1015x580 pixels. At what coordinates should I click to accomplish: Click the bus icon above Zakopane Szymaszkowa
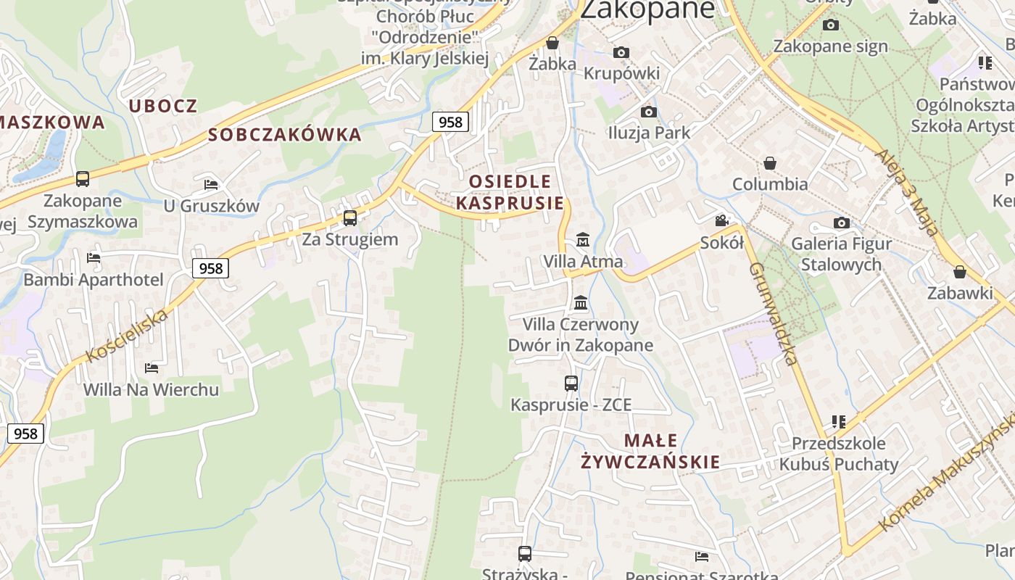point(83,178)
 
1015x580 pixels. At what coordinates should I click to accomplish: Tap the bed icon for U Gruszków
point(211,184)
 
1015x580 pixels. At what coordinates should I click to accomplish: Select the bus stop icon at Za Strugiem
point(350,217)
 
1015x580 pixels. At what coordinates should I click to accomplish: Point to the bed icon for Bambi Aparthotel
point(94,257)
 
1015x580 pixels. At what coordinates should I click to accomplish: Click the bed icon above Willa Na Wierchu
point(152,368)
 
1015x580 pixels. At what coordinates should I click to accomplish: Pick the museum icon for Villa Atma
point(582,239)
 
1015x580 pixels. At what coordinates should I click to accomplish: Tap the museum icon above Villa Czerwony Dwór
point(581,302)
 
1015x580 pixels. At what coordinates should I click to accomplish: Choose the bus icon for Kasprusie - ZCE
point(571,383)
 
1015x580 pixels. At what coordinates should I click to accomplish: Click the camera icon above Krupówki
point(621,52)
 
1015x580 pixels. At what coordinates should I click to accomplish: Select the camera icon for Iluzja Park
point(649,112)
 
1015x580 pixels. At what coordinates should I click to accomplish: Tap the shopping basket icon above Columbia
point(770,163)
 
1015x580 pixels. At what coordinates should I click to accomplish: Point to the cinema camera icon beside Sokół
point(722,220)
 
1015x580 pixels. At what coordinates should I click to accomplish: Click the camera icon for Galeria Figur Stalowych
point(841,223)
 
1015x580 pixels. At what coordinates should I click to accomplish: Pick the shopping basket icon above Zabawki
point(960,272)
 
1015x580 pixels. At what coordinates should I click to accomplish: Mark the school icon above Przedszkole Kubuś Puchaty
point(839,421)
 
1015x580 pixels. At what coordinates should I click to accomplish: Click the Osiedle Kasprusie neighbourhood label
point(510,192)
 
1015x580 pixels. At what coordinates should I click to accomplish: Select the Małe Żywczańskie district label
point(650,451)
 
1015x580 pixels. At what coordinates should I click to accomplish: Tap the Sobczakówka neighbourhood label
point(284,134)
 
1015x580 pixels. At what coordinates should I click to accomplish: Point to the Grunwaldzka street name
point(774,313)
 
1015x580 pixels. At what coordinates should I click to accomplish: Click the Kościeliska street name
point(128,334)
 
